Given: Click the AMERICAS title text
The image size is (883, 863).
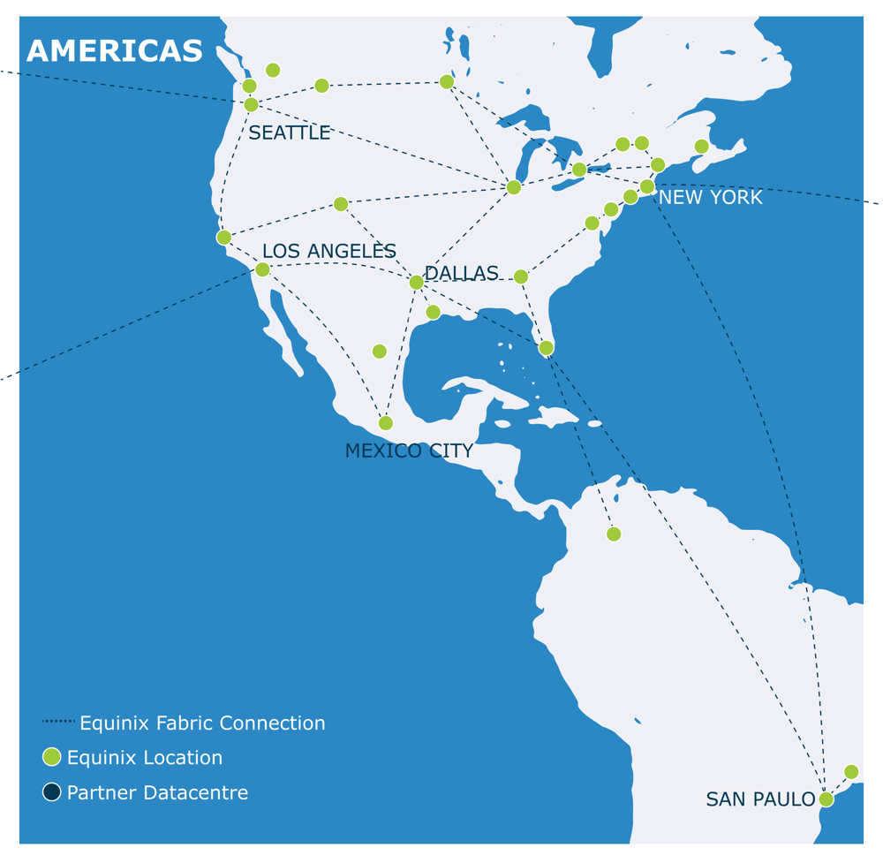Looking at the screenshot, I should [x=115, y=52].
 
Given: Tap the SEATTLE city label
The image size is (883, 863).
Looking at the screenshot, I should [x=289, y=133].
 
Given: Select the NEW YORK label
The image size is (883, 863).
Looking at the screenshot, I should [x=710, y=198].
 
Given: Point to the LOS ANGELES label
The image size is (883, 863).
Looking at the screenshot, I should [x=328, y=252].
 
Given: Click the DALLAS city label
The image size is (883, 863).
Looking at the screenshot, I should [x=461, y=274].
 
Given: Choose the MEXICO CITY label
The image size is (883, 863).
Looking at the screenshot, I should [x=409, y=451].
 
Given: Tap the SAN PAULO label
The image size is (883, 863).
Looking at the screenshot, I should [x=760, y=799].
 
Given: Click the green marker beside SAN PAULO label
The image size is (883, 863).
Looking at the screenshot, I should [x=826, y=799].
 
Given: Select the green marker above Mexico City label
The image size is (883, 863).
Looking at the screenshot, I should [x=386, y=423].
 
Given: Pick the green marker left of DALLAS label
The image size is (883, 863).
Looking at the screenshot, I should [x=416, y=283].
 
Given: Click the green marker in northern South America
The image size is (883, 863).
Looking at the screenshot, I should [x=614, y=534].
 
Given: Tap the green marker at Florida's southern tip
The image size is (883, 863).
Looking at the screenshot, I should [x=547, y=348].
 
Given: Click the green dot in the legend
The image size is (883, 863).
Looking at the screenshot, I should [x=52, y=757].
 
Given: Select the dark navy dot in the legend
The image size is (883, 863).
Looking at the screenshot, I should [x=52, y=792].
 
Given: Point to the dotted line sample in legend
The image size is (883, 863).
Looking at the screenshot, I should [x=58, y=722].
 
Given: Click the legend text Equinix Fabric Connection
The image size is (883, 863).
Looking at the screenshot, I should [x=202, y=723].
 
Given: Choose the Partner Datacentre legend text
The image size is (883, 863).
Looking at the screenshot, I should [x=157, y=793].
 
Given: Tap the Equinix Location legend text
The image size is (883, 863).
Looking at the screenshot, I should [x=145, y=758].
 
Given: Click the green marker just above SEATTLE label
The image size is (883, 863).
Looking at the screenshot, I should [x=251, y=105].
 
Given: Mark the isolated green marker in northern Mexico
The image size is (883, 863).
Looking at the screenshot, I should [x=380, y=352].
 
